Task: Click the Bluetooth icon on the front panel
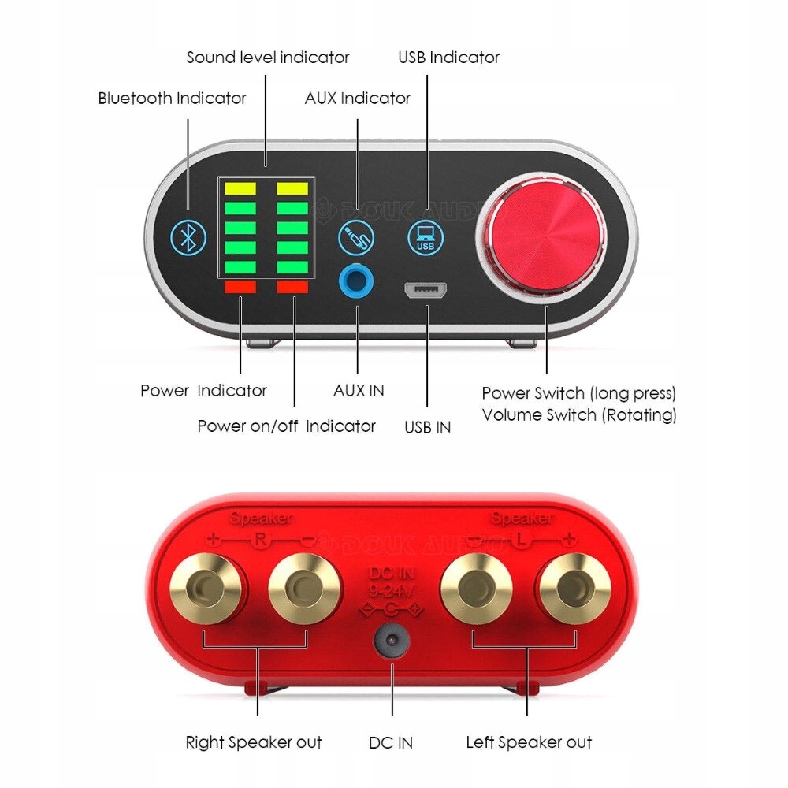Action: coord(188,236)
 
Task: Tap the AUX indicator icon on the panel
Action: coord(356,236)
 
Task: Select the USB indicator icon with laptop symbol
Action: coord(426,236)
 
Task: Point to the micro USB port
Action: coord(426,291)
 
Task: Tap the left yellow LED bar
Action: coord(240,189)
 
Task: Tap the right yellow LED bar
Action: coord(292,189)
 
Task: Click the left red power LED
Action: coord(240,288)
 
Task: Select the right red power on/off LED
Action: coord(292,288)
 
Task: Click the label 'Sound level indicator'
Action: coord(268,58)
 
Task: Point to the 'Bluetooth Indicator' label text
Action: coord(172,98)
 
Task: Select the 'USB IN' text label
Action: coord(428,428)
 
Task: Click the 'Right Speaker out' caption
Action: coord(254,742)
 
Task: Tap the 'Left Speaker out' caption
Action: coord(529,742)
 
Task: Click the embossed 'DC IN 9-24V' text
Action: coord(392,582)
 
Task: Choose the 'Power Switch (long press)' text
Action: coord(579,393)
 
